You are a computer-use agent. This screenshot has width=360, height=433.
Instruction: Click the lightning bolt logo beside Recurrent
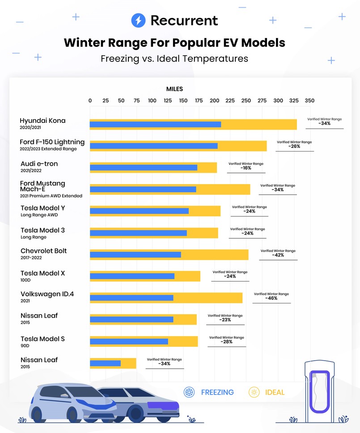(138, 20)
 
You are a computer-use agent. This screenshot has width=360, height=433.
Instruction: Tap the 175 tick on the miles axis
(199, 101)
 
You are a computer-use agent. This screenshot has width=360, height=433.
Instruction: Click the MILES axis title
(174, 89)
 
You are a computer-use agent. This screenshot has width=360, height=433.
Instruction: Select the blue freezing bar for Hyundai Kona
(155, 124)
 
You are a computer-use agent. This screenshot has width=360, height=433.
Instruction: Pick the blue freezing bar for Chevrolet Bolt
(135, 255)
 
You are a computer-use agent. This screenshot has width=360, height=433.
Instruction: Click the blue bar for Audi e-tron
(143, 168)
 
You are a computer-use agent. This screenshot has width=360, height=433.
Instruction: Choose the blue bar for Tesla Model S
(129, 342)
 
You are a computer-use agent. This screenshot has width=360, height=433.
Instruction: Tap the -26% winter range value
(294, 147)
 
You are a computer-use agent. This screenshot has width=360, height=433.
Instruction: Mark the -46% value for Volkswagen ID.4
(271, 298)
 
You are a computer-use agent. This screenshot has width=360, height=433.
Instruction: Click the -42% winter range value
(278, 255)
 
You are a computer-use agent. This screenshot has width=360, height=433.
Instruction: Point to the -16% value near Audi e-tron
(246, 168)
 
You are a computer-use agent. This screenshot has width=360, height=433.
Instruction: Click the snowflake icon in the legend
(189, 392)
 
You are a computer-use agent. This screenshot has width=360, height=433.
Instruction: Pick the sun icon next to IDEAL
(254, 392)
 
